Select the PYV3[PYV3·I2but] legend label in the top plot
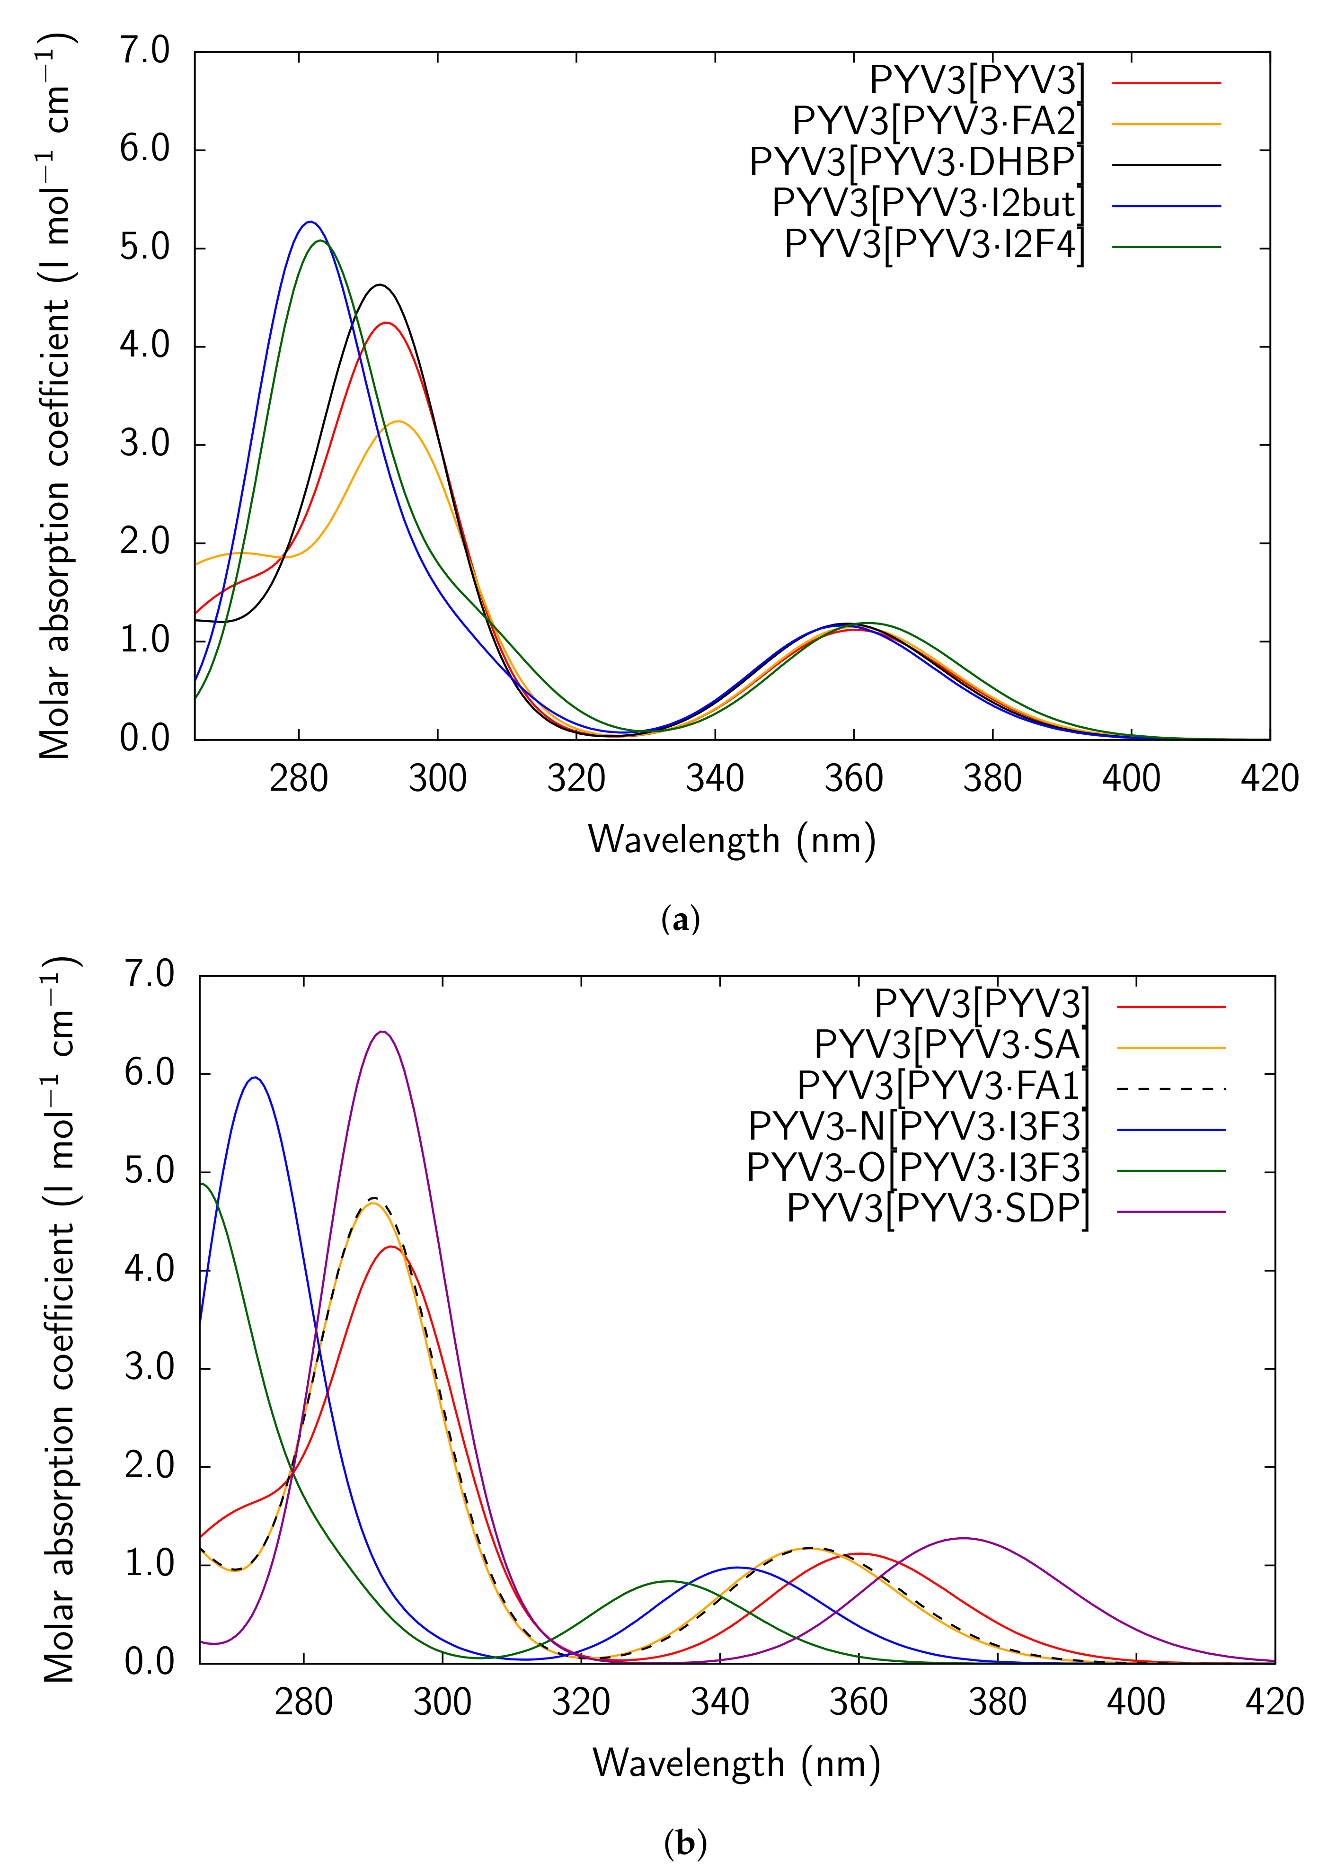tap(928, 204)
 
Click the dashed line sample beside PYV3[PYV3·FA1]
tap(1171, 1088)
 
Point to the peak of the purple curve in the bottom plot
tap(382, 1031)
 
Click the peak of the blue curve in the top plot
tap(310, 222)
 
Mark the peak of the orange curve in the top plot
tap(398, 421)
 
